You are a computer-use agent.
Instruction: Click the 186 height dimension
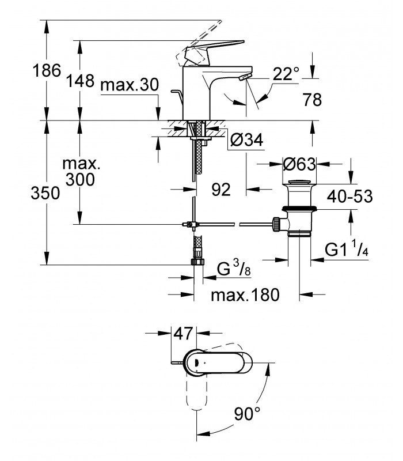tap(47, 70)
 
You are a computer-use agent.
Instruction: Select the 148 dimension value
tap(80, 81)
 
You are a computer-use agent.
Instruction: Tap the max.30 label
tap(129, 85)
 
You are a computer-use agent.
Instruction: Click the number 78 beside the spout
tap(313, 100)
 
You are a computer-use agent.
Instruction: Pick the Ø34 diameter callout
tap(247, 140)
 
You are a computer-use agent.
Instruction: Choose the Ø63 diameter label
tap(299, 164)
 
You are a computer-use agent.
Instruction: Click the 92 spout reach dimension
tap(221, 190)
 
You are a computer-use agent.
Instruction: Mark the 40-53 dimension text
tap(350, 196)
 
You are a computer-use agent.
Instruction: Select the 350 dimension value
tap(45, 193)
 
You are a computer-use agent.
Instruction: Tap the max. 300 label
tap(81, 171)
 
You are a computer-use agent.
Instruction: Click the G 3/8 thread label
tap(234, 269)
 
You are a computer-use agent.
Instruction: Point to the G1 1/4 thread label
tap(347, 249)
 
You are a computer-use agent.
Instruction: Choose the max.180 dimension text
tap(245, 294)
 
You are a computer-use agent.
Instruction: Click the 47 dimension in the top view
tap(183, 334)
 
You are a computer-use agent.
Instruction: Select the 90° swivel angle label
tap(248, 414)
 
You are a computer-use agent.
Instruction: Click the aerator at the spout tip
tap(245, 77)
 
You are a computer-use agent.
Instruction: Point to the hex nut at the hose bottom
tap(197, 262)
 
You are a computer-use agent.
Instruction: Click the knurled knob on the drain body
tap(276, 225)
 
